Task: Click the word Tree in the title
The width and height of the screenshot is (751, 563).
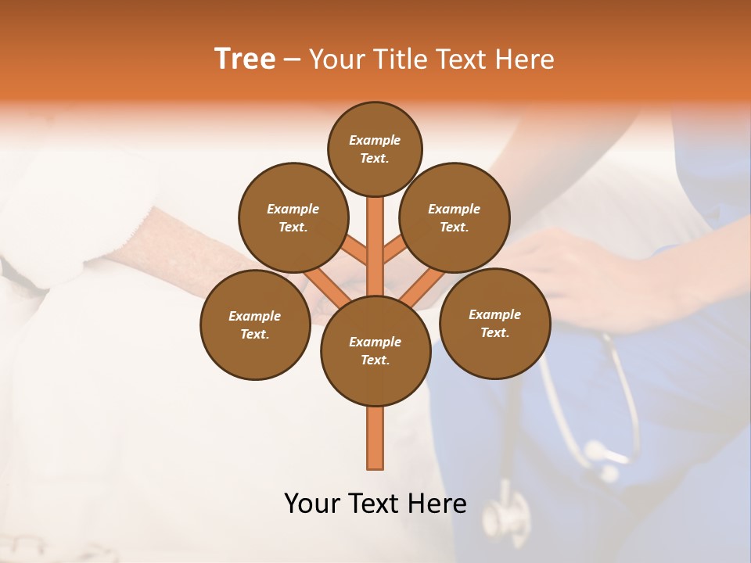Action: point(245,59)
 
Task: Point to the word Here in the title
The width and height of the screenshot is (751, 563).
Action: point(526,59)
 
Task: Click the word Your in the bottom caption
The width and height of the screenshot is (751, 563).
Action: point(311,504)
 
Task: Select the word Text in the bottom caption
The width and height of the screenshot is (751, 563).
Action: point(374,504)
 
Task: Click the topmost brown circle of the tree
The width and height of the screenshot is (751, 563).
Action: point(375,149)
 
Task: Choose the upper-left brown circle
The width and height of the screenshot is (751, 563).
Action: point(293,217)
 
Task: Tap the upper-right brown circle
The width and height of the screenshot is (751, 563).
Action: point(455,217)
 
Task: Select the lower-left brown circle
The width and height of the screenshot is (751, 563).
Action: point(255,325)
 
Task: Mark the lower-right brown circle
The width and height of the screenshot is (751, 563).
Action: point(494,323)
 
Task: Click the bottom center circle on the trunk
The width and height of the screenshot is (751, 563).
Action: point(375,350)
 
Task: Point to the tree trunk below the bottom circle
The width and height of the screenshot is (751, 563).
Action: point(375,438)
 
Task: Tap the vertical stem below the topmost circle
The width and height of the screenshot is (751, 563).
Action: point(375,235)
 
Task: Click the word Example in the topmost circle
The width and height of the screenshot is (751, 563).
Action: point(375,140)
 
